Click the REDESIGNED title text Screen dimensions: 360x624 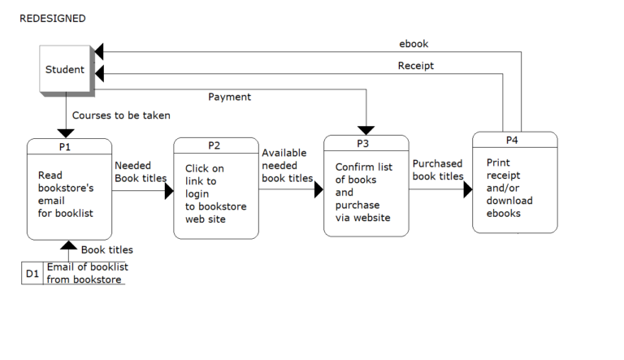pyautogui.click(x=53, y=18)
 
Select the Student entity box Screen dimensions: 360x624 pyautogui.click(x=65, y=69)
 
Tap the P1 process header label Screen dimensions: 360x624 pyautogui.click(x=65, y=147)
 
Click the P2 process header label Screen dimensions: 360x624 pyautogui.click(x=214, y=146)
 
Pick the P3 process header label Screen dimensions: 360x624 pyautogui.click(x=363, y=144)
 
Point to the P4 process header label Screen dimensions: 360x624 pyautogui.click(x=513, y=140)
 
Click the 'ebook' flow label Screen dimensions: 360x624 pyautogui.click(x=414, y=44)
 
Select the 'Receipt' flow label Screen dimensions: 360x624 pyautogui.click(x=415, y=65)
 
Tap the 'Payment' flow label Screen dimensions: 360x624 pyautogui.click(x=229, y=97)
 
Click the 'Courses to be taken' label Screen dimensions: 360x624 pyautogui.click(x=121, y=115)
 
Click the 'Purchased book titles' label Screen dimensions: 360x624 pyautogui.click(x=438, y=170)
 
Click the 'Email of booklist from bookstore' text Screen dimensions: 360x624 pyautogui.click(x=87, y=273)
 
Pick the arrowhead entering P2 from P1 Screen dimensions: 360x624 pyautogui.click(x=169, y=191)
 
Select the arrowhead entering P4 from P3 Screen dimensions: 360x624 pyautogui.click(x=468, y=189)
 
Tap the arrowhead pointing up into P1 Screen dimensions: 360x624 pyautogui.click(x=69, y=245)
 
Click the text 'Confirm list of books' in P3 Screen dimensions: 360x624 pyautogui.click(x=363, y=180)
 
